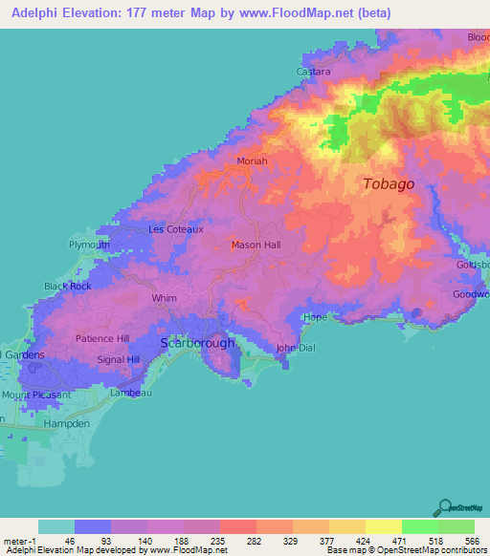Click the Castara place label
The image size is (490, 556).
click(314, 72)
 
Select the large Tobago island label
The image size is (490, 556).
click(389, 184)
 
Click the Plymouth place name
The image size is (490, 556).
click(89, 245)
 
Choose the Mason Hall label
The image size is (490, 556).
click(256, 246)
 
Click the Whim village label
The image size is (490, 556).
click(165, 298)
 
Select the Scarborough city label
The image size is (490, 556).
click(197, 342)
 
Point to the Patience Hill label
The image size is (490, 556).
click(102, 339)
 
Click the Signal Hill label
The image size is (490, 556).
click(119, 360)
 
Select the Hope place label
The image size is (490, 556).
click(314, 317)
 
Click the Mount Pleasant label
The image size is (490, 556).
click(30, 394)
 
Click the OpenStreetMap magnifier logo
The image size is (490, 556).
click(444, 507)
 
